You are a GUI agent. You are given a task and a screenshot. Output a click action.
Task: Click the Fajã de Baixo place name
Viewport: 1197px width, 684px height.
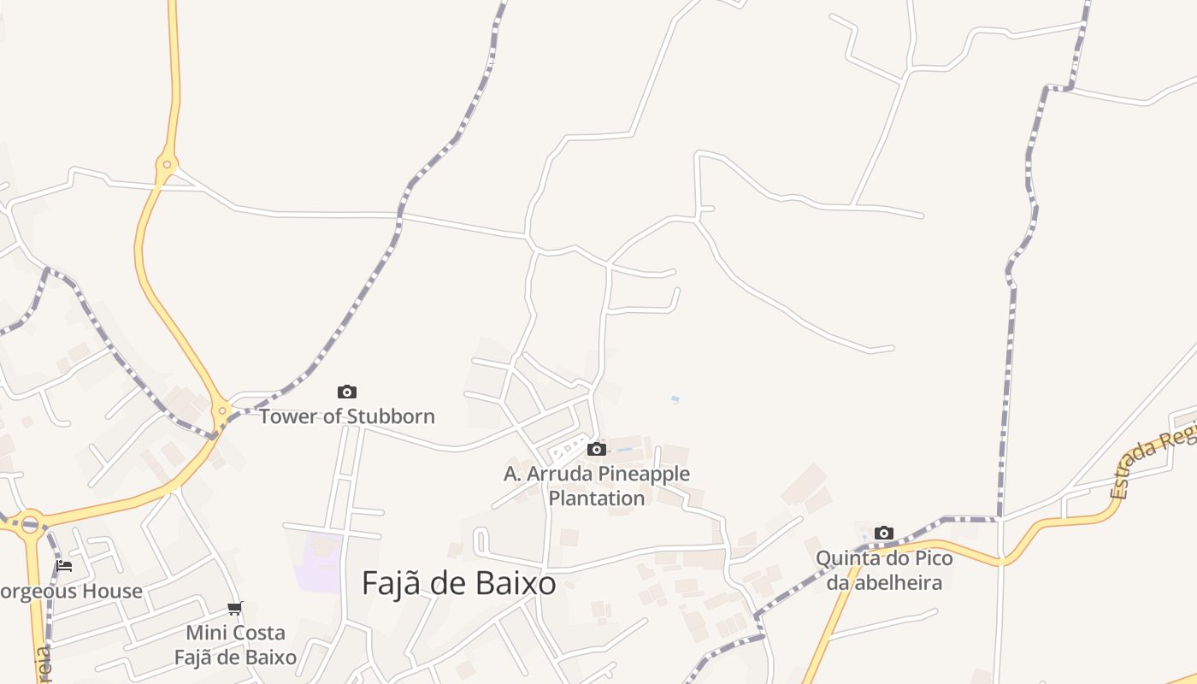459,584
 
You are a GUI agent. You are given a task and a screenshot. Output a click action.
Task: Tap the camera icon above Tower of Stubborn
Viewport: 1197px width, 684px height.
346,392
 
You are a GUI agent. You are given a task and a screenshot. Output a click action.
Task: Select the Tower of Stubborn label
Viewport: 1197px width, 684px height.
347,416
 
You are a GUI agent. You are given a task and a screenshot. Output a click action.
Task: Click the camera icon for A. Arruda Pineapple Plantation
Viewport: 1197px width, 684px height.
597,449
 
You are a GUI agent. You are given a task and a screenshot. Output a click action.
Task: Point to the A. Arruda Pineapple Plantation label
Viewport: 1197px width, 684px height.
597,485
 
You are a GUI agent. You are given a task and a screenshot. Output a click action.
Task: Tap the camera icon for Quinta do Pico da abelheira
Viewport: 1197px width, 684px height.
884,534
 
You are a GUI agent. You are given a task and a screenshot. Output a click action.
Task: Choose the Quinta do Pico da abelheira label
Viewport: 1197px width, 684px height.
884,570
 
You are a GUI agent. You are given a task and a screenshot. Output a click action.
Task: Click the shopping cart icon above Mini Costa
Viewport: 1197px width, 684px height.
234,609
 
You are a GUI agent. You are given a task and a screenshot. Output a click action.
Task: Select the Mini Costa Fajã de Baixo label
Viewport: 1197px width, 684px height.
236,645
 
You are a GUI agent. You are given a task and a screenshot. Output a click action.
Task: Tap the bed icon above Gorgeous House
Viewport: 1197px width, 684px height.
64,566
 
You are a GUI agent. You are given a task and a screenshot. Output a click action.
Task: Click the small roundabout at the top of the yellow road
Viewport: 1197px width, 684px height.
167,164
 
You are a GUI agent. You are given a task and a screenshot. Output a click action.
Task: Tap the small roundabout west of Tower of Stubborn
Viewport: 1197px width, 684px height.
222,411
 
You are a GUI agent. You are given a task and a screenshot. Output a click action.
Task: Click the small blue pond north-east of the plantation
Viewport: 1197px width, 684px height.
675,399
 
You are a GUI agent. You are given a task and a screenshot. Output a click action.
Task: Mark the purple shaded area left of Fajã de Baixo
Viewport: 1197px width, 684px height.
323,560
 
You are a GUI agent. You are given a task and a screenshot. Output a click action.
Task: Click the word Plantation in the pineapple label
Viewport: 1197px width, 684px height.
597,498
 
